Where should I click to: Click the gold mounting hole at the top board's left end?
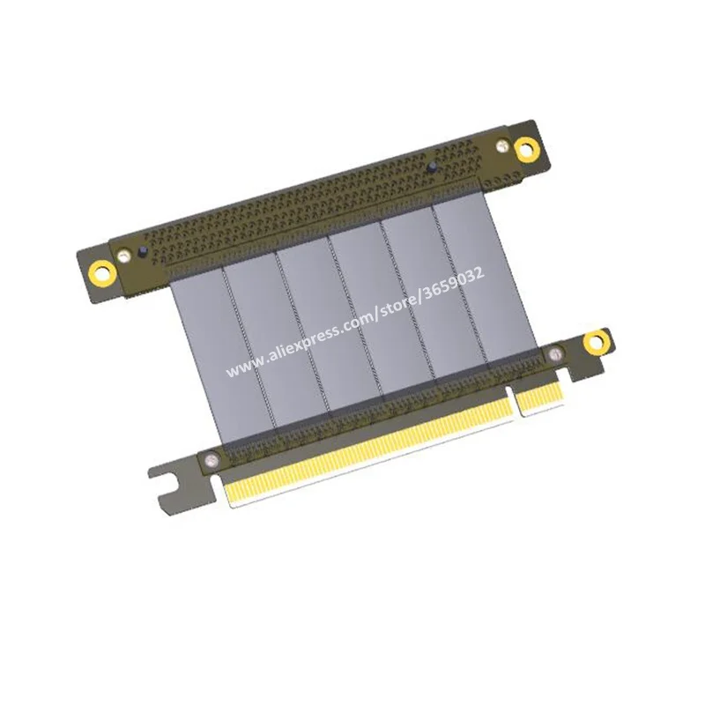[104, 273]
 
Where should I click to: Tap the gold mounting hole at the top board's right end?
[526, 148]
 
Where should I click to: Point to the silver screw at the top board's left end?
[122, 256]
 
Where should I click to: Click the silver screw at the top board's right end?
[501, 145]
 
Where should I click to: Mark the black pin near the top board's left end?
[143, 252]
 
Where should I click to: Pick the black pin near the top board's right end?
[432, 167]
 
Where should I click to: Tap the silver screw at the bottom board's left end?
[210, 459]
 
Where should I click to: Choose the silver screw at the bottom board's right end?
[556, 354]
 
